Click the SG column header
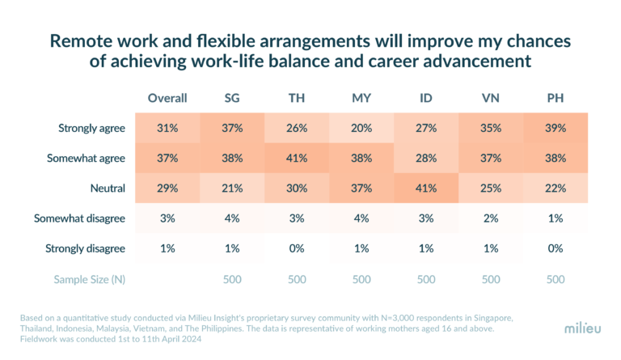click(232, 98)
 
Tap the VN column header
click(491, 98)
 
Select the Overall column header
click(167, 98)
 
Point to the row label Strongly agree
click(91, 128)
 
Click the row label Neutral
click(108, 188)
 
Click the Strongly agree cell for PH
click(556, 128)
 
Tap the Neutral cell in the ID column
click(426, 188)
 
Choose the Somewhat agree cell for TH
click(297, 159)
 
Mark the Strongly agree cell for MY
click(361, 128)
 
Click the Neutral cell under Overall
click(167, 188)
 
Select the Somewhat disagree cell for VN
click(491, 218)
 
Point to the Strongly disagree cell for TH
click(297, 248)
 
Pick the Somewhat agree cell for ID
click(426, 159)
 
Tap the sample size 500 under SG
click(232, 279)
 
